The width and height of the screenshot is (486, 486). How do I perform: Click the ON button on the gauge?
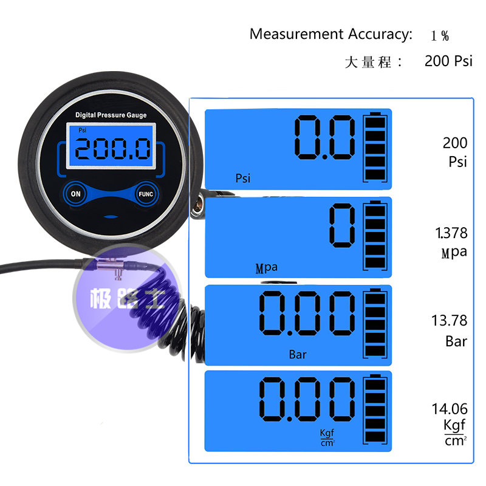(x=76, y=194)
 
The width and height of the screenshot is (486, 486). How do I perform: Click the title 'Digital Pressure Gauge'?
(x=111, y=115)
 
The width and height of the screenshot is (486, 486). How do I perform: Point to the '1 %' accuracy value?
(x=440, y=35)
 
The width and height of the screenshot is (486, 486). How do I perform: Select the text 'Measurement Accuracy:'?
(x=331, y=34)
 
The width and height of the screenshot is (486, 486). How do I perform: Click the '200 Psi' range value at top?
(x=448, y=61)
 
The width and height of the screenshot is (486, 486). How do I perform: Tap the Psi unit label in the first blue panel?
(x=243, y=178)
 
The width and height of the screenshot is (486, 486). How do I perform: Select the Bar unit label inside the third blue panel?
(x=298, y=354)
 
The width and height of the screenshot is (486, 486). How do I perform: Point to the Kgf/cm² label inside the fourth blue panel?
(x=327, y=437)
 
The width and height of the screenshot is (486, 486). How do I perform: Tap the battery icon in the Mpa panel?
(x=375, y=236)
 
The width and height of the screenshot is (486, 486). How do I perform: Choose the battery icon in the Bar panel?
(x=375, y=324)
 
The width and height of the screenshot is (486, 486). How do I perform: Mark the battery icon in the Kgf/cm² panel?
(x=375, y=411)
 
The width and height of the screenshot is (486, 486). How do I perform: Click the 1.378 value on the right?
(x=451, y=233)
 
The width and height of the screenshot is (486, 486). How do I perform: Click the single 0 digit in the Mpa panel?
(x=341, y=225)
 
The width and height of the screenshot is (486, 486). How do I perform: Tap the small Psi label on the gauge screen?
(x=83, y=130)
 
